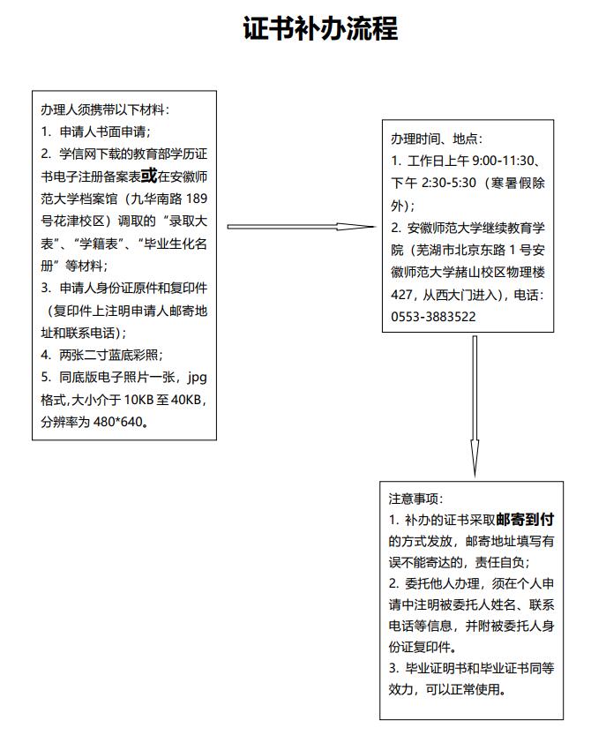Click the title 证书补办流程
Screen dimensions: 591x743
click(x=320, y=28)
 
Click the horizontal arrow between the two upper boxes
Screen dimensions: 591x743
click(x=302, y=227)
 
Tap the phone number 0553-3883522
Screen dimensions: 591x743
click(x=433, y=317)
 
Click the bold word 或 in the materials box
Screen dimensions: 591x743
click(x=149, y=176)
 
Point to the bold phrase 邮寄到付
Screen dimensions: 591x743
click(x=525, y=520)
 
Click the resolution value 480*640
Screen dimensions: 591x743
click(x=118, y=422)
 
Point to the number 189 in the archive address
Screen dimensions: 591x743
click(x=197, y=199)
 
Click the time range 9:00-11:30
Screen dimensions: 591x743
click(x=503, y=161)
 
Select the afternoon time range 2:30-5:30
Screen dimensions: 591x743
click(x=448, y=183)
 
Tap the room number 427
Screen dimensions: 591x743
click(x=401, y=295)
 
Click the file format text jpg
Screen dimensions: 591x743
click(x=197, y=379)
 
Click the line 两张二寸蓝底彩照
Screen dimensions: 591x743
click(x=108, y=355)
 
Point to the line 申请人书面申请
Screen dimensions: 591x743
click(x=102, y=131)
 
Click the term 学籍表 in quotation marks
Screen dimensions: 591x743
click(x=99, y=244)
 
